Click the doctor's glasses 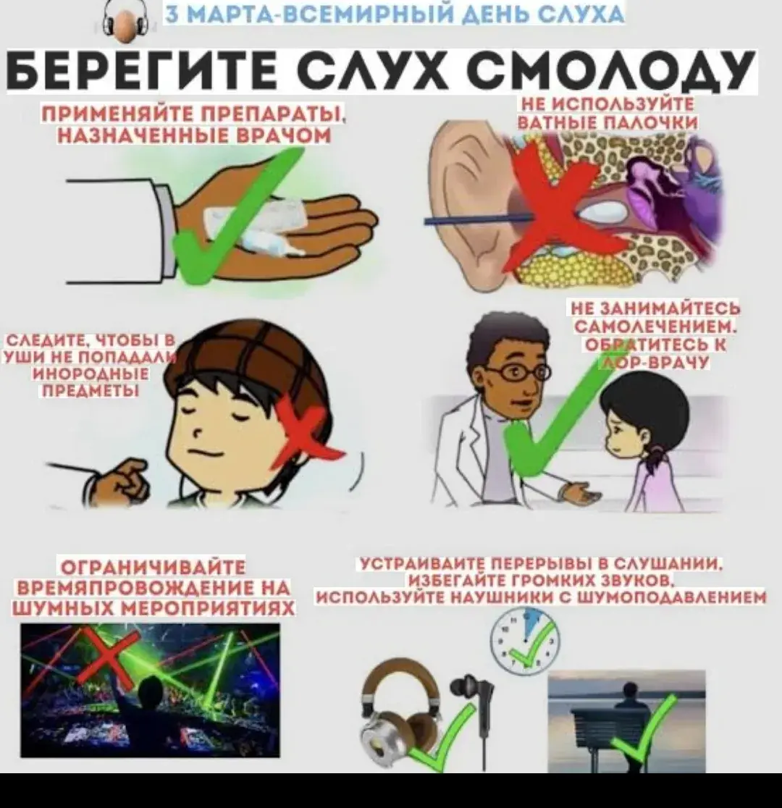516,373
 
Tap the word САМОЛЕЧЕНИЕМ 655,328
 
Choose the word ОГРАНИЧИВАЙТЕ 154,568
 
